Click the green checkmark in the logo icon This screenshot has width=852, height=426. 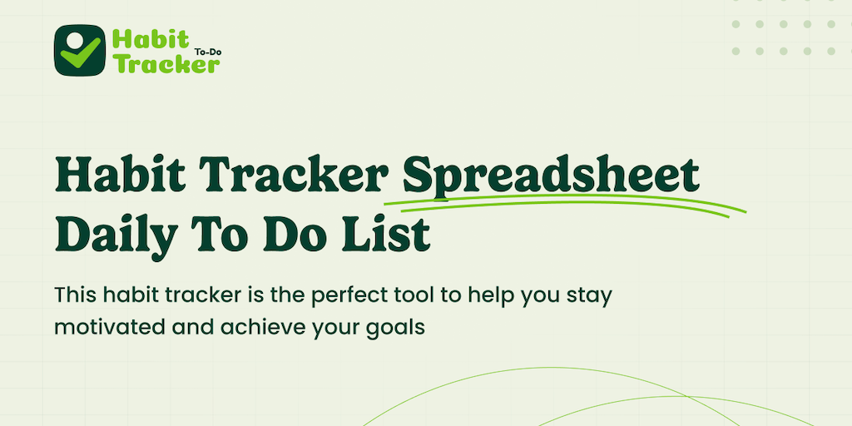coord(81,52)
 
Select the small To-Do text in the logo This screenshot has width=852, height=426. coord(207,52)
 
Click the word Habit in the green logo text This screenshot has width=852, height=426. coord(150,40)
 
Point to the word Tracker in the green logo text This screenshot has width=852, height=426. coord(166,63)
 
